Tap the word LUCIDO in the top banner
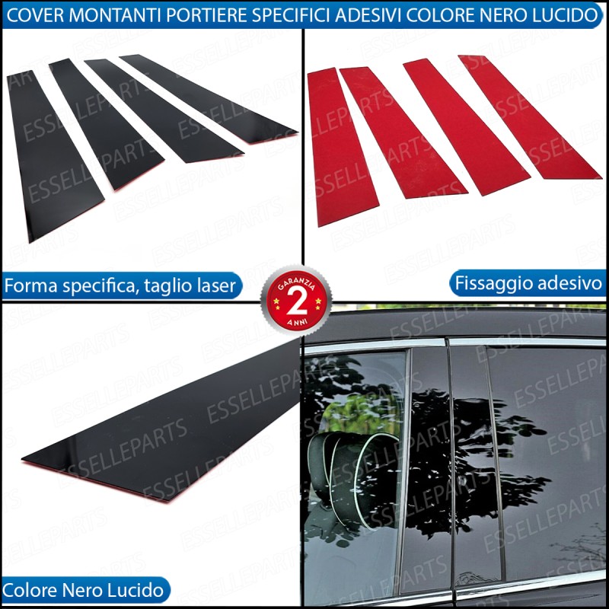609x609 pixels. pos(570,15)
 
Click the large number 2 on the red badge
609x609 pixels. pos(296,301)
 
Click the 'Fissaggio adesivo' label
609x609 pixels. pos(528,283)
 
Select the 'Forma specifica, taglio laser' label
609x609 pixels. pos(120,286)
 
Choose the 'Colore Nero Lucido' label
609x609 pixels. pos(84,591)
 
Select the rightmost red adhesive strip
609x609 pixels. pos(529,116)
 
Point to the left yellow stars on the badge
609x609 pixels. pos(276,301)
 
